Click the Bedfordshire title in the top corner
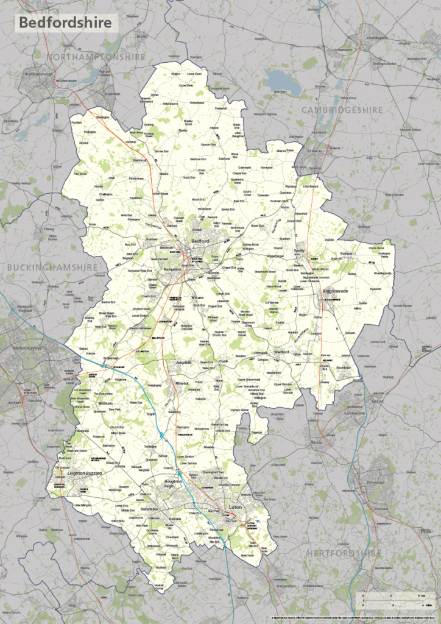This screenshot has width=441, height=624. [66, 23]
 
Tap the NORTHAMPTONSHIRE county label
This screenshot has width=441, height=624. [96, 57]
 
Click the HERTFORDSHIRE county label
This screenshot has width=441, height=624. [345, 553]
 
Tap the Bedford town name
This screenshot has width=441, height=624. [200, 241]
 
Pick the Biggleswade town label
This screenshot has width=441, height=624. [334, 292]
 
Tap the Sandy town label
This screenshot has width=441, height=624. [298, 250]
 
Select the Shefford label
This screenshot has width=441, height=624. [280, 352]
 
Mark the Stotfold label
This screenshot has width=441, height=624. [344, 368]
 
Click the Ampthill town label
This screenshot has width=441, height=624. [183, 362]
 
